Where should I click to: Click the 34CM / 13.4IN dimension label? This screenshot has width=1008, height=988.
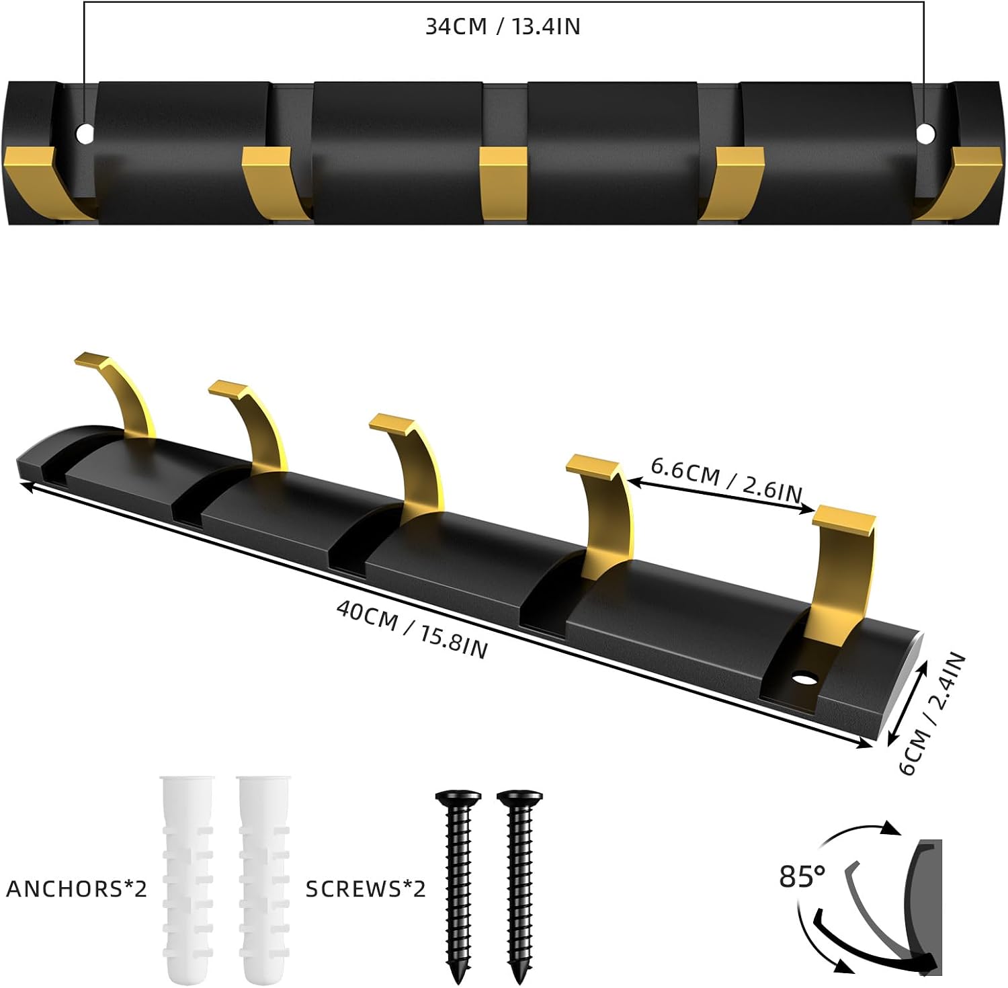coord(503,26)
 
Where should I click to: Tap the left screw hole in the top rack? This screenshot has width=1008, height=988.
coord(85,134)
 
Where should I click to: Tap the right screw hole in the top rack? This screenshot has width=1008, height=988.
coord(925,134)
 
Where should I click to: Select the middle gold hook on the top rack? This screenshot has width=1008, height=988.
coord(503,183)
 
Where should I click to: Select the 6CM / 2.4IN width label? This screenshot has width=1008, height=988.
coord(933,713)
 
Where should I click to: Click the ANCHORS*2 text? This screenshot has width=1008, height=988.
coord(77,889)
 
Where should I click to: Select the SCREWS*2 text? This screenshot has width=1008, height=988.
coord(366,889)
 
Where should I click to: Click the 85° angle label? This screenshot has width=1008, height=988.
coord(802,876)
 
